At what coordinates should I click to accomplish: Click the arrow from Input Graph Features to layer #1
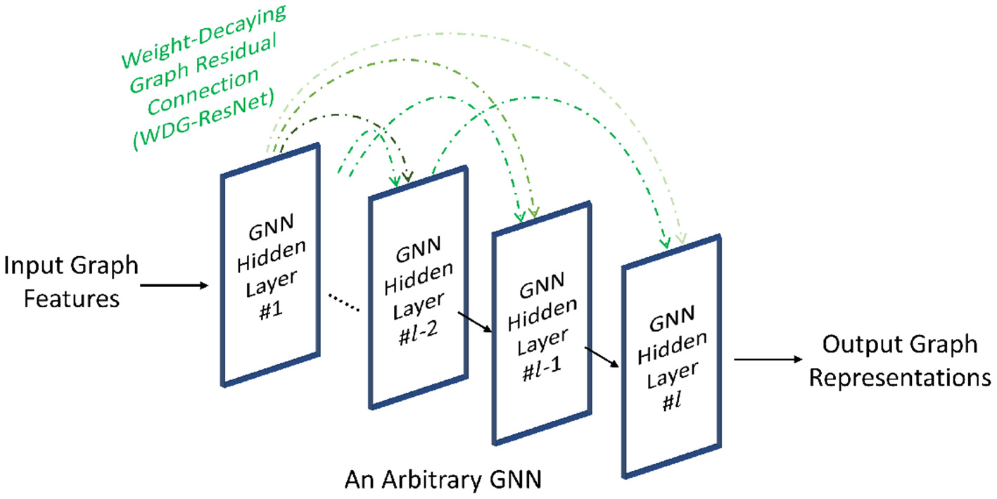click(x=175, y=285)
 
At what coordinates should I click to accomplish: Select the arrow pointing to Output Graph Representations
click(x=768, y=360)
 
